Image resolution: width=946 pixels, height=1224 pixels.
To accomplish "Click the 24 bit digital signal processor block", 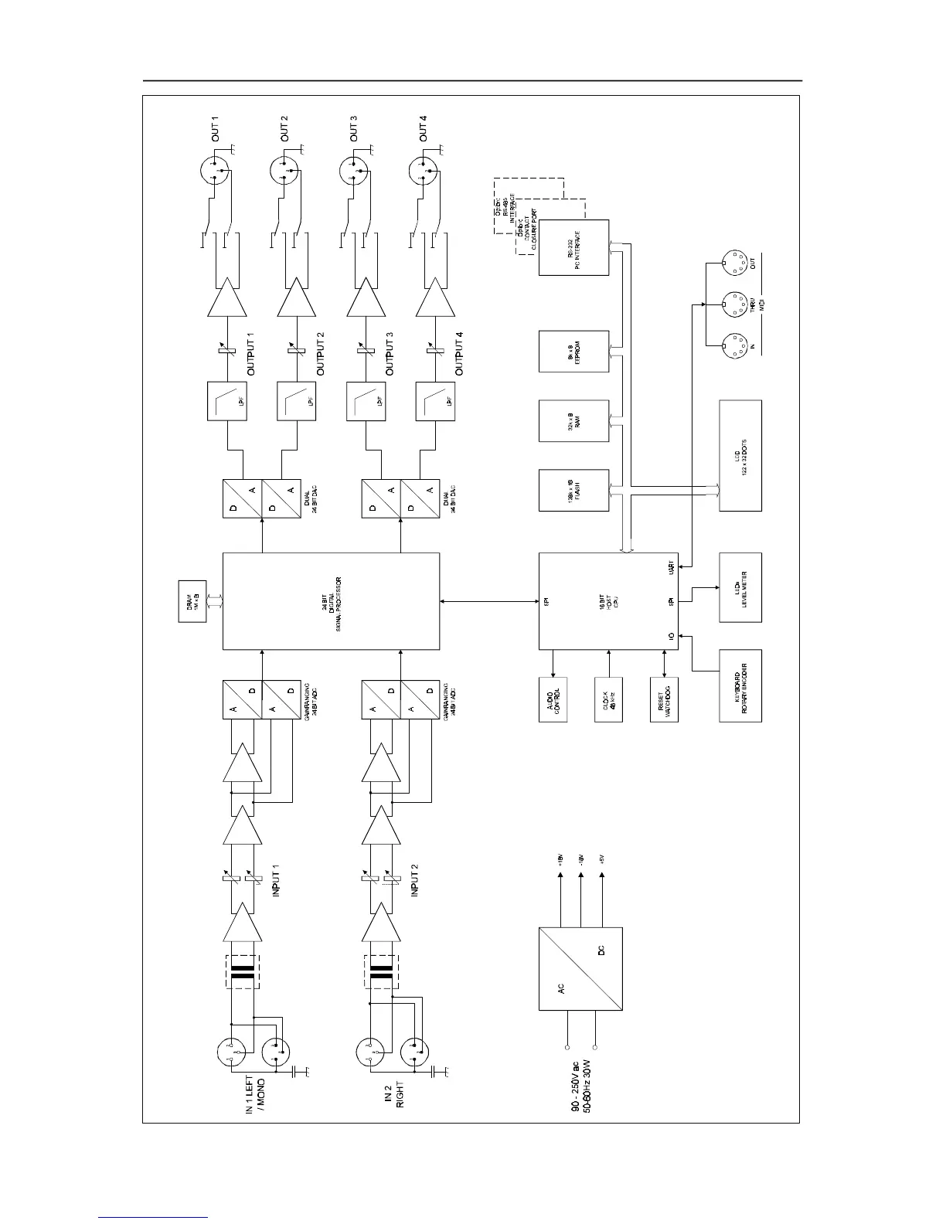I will (331, 601).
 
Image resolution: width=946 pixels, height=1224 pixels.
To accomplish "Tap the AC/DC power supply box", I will (580, 969).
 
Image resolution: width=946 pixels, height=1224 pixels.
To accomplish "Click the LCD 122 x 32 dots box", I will (740, 455).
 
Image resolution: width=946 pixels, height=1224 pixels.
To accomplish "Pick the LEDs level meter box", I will (740, 587).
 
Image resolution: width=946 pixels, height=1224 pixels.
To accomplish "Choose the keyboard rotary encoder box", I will (740, 686).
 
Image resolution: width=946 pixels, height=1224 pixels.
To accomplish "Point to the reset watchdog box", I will (664, 700).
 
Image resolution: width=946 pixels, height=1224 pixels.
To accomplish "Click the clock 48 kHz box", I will (608, 700).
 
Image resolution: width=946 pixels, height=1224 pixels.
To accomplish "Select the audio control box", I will (553, 700).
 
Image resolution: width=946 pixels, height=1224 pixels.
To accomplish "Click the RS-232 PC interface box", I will (574, 247).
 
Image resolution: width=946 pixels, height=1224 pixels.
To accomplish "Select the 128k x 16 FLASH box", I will (574, 490).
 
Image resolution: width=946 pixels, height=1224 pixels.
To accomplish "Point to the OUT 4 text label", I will (422, 127).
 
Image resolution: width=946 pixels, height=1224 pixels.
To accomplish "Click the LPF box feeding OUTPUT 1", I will (226, 401).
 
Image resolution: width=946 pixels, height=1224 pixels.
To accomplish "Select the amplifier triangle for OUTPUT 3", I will (366, 298).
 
